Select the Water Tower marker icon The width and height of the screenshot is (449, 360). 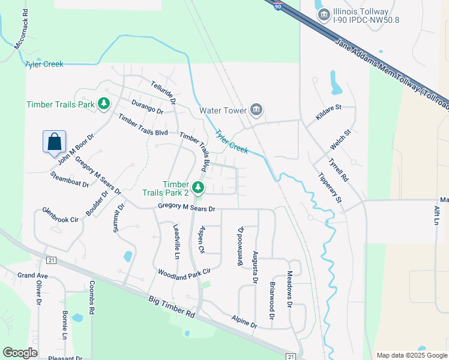[257, 109]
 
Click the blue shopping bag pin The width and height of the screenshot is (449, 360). [54, 142]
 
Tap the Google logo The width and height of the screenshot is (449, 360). [20, 353]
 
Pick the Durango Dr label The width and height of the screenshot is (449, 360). [148, 107]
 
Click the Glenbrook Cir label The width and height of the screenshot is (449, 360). [60, 215]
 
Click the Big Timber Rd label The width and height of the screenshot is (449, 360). [172, 305]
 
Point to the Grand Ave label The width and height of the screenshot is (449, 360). [32, 275]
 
